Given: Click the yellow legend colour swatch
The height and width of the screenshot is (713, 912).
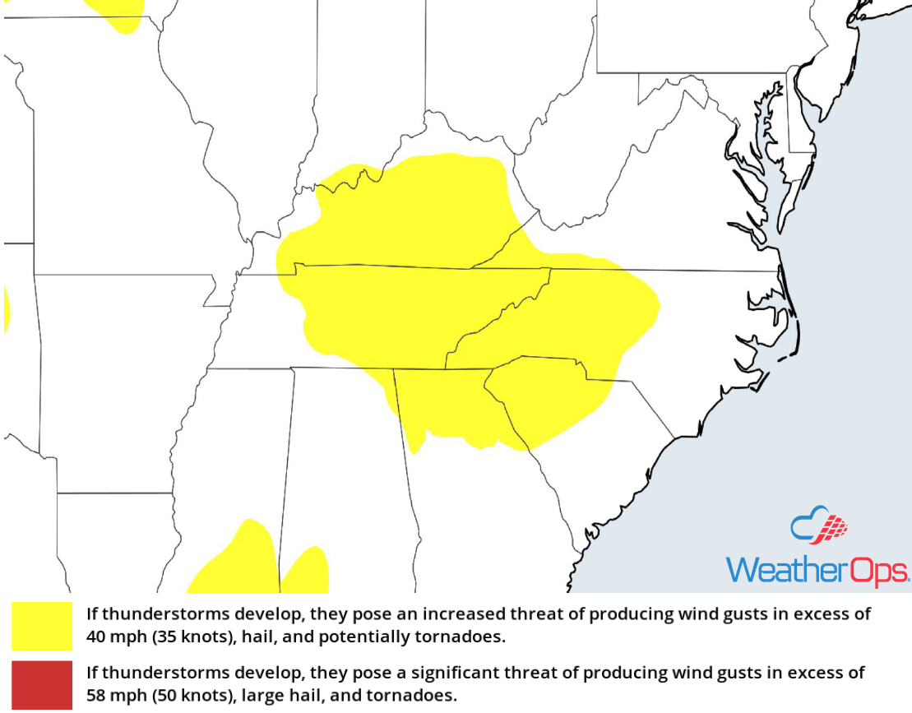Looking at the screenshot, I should point(42,626).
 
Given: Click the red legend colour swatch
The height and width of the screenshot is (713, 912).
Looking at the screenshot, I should point(42,684).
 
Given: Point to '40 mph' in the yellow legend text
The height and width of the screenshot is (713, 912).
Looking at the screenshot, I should point(115,637).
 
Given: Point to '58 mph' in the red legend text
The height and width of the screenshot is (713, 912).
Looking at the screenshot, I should point(115,695).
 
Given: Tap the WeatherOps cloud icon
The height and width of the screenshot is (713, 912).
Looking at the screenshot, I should point(818,526).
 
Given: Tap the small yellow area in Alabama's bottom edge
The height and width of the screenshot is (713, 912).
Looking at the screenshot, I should point(307,571).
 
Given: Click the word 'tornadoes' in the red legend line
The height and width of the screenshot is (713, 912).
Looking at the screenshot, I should point(419,695).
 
